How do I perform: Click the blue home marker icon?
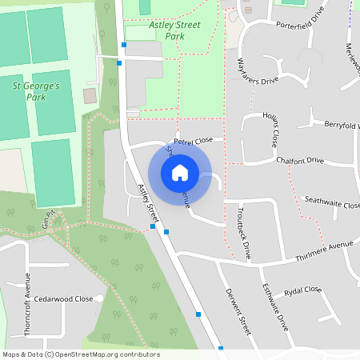click(180, 172)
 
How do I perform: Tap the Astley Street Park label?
click(175, 30)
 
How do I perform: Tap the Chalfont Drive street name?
click(300, 160)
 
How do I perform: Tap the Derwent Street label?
click(238, 308)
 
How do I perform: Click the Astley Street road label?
click(149, 202)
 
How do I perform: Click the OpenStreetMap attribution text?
click(80, 354)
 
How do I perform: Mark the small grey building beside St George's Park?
click(90, 96)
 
